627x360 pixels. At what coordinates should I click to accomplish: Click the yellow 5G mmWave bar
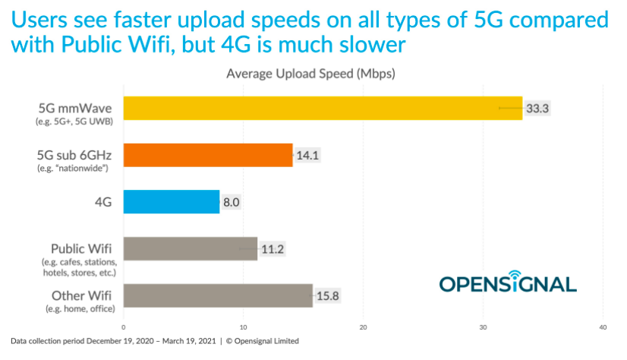323,109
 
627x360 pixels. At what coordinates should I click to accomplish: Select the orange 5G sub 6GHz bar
207,155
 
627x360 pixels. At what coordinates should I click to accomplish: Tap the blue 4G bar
171,202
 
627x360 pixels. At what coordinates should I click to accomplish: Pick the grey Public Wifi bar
190,248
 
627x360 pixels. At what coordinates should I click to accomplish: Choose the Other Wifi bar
218,295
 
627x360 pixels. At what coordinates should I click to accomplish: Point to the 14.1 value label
307,155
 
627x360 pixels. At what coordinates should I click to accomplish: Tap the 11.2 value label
271,248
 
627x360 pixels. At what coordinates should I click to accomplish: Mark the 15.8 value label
327,295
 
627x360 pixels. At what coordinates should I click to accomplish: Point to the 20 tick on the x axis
364,327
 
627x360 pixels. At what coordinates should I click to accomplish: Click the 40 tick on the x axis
603,327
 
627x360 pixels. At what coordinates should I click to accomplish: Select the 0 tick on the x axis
124,327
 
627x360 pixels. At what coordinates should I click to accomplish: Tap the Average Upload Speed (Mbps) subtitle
311,74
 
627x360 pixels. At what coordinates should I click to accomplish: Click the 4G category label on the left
103,202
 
